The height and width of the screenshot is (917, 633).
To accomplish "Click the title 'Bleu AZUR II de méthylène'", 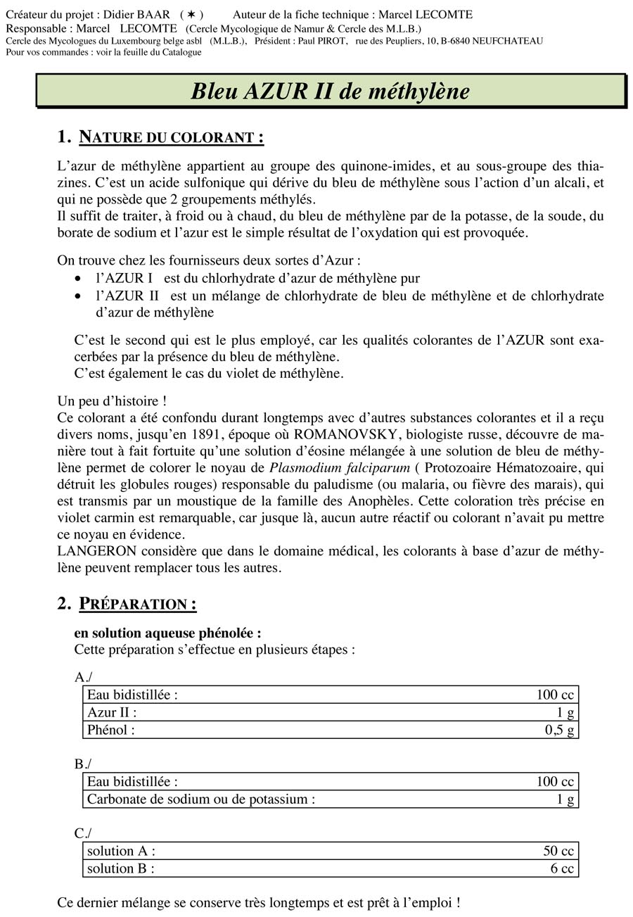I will pyautogui.click(x=330, y=91).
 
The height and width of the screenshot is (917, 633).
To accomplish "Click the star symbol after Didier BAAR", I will pyautogui.click(x=191, y=14).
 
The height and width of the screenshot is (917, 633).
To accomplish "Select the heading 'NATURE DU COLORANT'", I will pyautogui.click(x=171, y=137).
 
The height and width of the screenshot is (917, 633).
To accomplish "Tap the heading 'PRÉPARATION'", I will pyautogui.click(x=137, y=604).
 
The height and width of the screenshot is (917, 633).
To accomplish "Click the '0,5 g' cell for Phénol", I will pyautogui.click(x=559, y=730).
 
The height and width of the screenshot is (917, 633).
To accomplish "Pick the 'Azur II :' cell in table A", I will pyautogui.click(x=112, y=712).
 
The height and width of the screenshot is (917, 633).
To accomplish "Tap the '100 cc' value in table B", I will pyautogui.click(x=555, y=782).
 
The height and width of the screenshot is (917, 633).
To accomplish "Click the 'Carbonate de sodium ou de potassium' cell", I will pyautogui.click(x=200, y=799).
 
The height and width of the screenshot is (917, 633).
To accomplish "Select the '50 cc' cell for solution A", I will pyautogui.click(x=558, y=852).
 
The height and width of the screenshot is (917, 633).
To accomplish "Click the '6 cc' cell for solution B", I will pyautogui.click(x=562, y=868).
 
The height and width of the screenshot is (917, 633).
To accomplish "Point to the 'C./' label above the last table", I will pyautogui.click(x=83, y=833).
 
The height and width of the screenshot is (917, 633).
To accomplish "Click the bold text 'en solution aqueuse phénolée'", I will pyautogui.click(x=167, y=633).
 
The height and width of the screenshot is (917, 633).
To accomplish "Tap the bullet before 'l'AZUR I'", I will pyautogui.click(x=79, y=279).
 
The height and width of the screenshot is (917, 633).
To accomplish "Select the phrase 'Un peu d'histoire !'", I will pyautogui.click(x=112, y=401).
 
